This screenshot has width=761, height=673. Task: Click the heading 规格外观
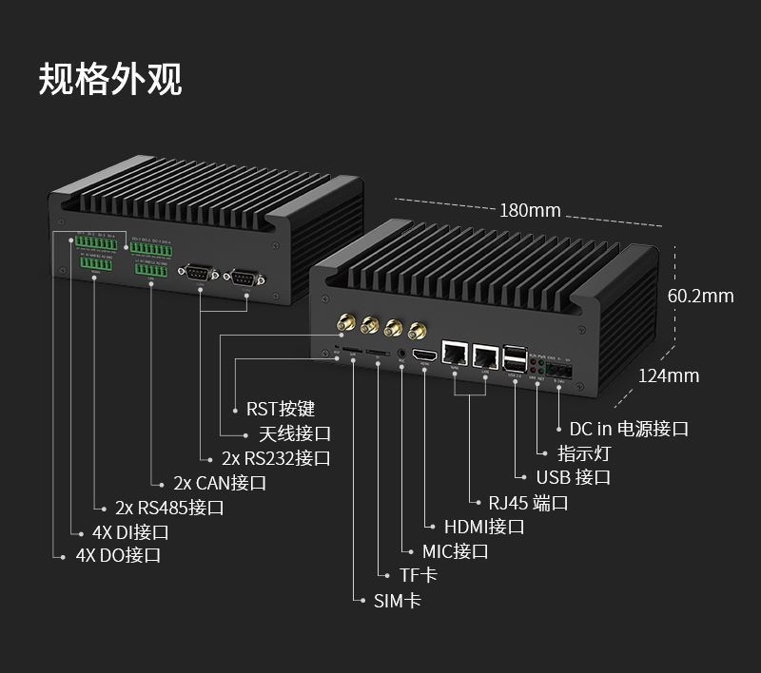[110, 80]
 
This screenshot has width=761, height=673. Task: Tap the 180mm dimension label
[530, 210]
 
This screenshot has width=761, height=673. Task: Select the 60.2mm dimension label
[700, 296]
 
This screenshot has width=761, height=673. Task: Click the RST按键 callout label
[281, 409]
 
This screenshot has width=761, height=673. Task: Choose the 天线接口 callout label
[295, 433]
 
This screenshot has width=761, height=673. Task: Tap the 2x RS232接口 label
[276, 458]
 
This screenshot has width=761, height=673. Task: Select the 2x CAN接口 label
[220, 483]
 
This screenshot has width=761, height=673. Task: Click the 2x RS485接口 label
[169, 508]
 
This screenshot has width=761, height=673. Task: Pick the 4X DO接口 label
[118, 556]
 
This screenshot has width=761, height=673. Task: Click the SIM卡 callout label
[398, 601]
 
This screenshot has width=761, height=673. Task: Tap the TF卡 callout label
[419, 576]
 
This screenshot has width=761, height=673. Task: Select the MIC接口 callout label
[456, 551]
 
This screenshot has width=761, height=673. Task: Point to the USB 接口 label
[573, 477]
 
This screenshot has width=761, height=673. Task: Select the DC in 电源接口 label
[629, 429]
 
